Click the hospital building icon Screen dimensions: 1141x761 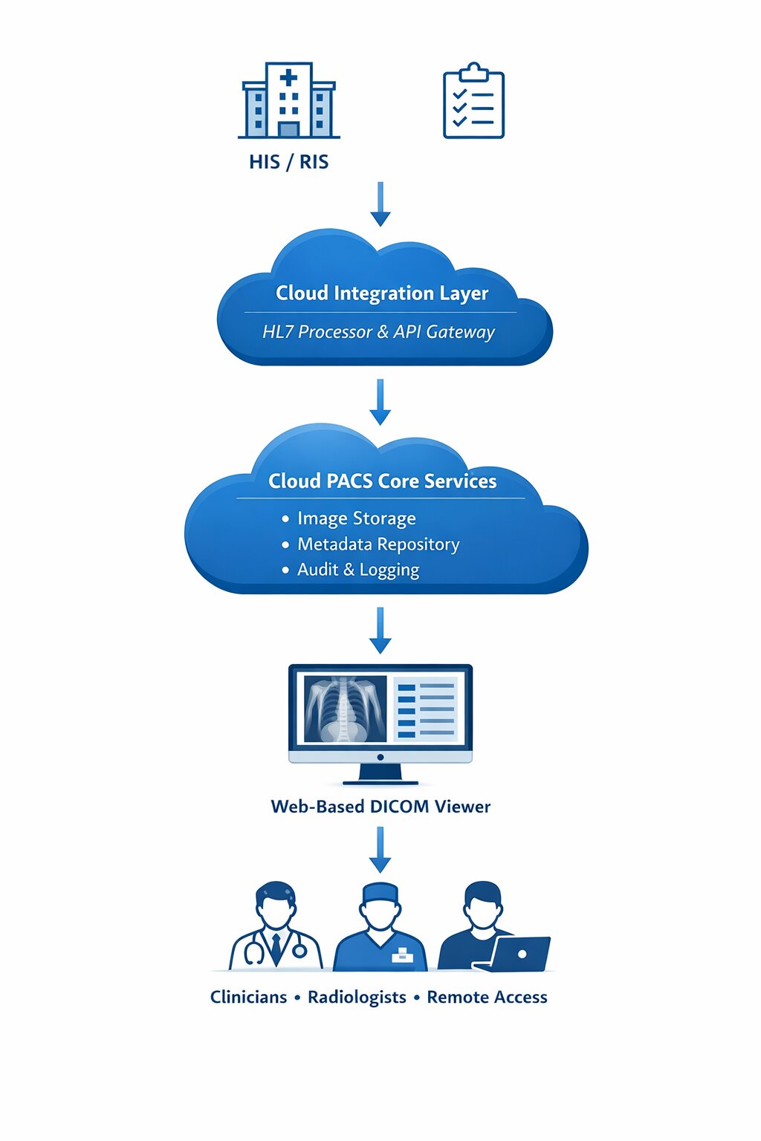click(x=289, y=101)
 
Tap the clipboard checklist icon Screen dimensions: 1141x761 click(x=473, y=102)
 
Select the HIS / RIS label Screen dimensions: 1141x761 click(x=288, y=162)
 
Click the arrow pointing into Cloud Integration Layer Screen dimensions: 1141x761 click(x=380, y=204)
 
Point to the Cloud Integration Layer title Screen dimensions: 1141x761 click(x=382, y=293)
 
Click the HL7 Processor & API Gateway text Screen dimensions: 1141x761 click(x=378, y=332)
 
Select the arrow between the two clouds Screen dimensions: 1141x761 click(x=380, y=402)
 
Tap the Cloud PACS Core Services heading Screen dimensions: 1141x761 click(x=382, y=481)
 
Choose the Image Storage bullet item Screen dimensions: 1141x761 click(x=356, y=519)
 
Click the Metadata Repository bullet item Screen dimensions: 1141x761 click(x=378, y=545)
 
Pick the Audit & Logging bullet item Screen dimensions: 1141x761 click(x=357, y=570)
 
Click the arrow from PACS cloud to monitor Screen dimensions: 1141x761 click(x=380, y=630)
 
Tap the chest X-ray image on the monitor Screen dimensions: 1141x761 click(x=345, y=709)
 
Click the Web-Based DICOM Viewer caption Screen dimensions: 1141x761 click(x=380, y=807)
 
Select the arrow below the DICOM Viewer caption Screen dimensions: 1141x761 click(x=380, y=850)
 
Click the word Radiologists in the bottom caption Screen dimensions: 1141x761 click(x=357, y=998)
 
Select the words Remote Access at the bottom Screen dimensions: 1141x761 click(x=487, y=998)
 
